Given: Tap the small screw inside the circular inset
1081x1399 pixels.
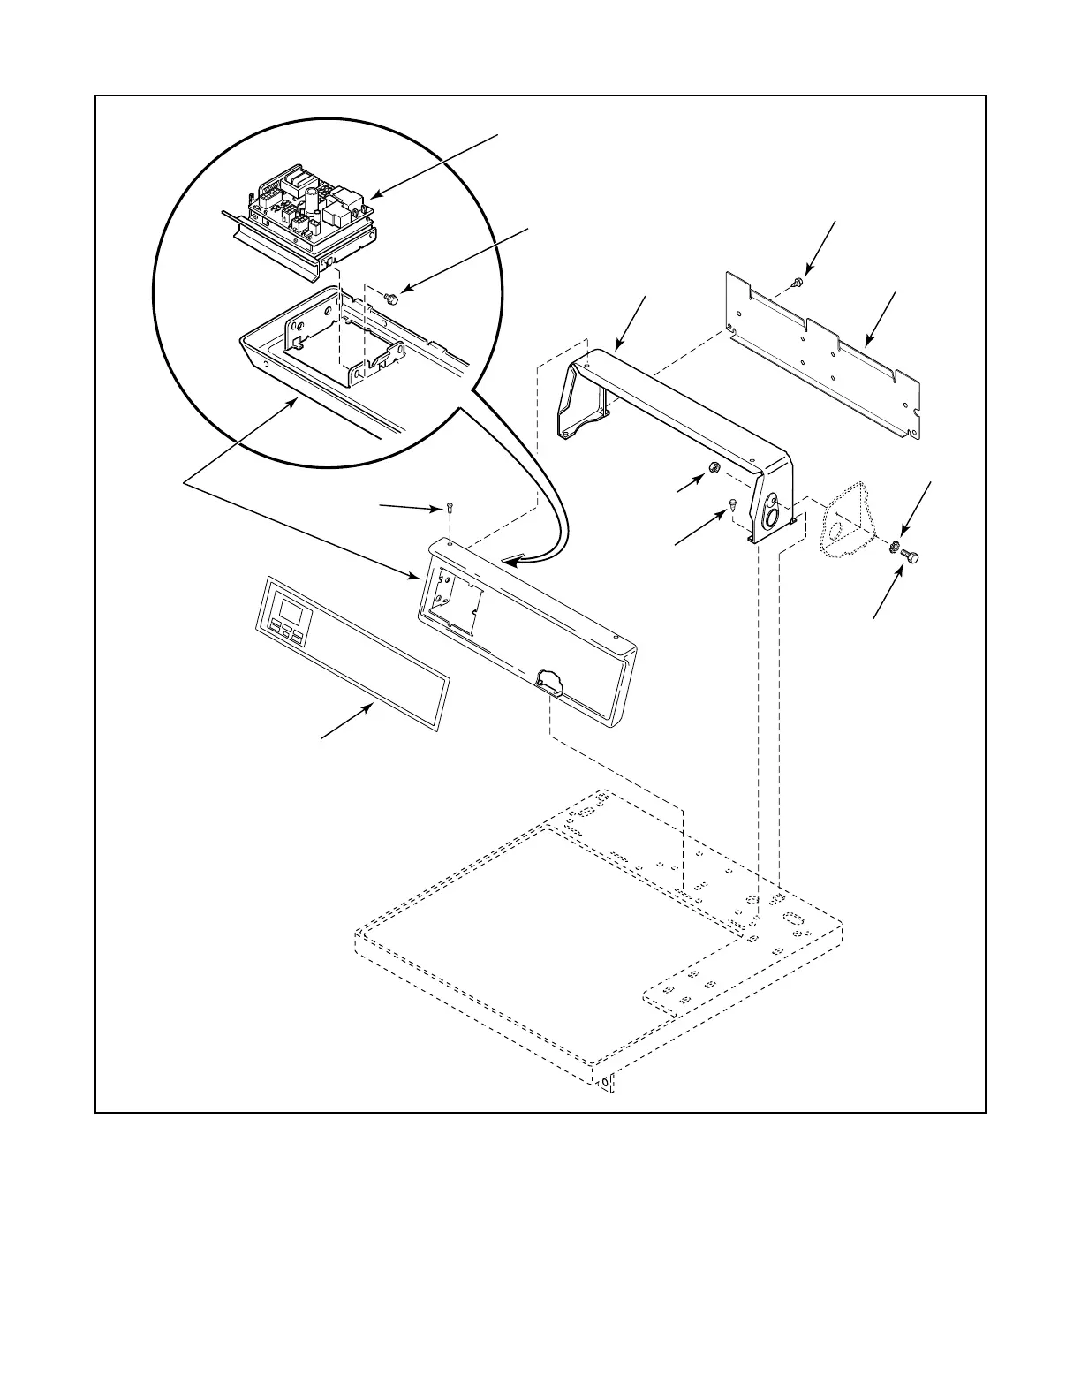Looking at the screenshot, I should click(393, 299).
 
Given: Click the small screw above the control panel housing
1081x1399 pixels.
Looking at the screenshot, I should click(450, 508).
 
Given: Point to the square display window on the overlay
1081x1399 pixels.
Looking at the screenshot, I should click(288, 609).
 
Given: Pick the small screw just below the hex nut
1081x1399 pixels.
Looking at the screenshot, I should click(733, 503).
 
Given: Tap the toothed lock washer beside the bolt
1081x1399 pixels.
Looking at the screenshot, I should click(895, 548).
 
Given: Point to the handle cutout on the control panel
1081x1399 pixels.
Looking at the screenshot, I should click(552, 680).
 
